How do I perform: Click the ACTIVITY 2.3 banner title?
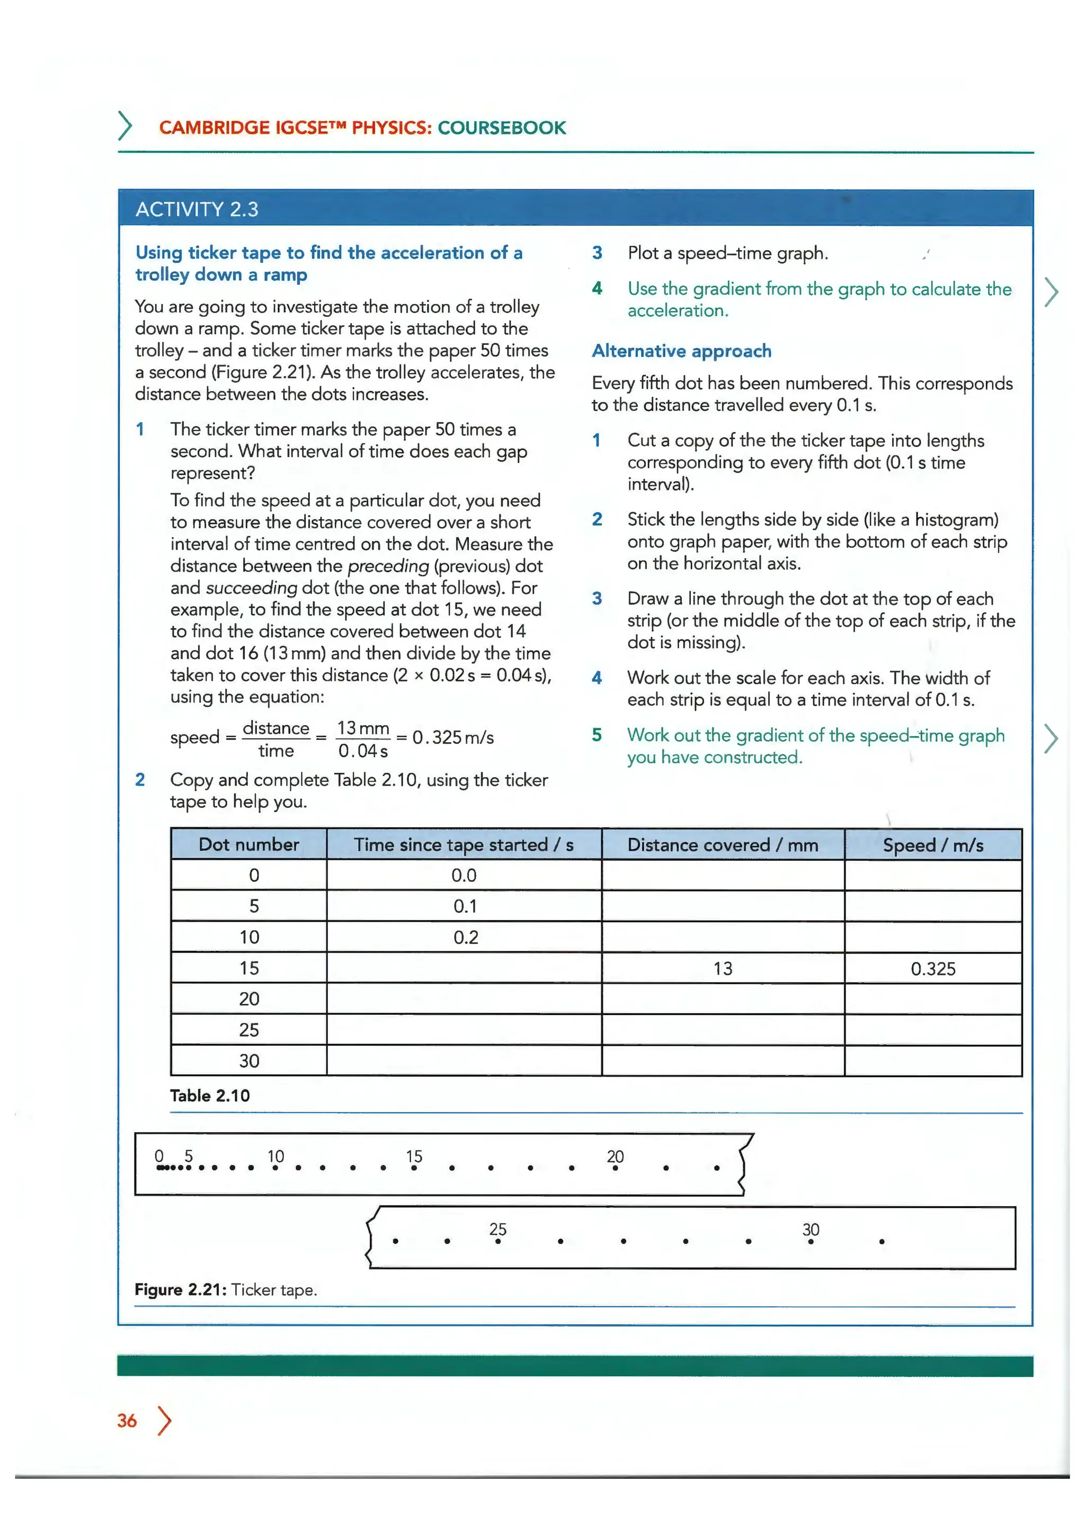point(197,210)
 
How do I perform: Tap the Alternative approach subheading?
point(681,351)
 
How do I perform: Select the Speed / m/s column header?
point(932,845)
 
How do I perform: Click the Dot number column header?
point(248,844)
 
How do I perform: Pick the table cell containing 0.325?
point(932,969)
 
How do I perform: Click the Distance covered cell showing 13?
point(722,969)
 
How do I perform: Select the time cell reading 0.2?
point(466,938)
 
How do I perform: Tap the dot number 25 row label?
point(248,1030)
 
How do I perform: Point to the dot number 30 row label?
point(248,1061)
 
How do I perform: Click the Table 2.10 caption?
point(210,1096)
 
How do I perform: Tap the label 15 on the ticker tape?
point(414,1156)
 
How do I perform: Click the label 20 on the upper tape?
point(615,1156)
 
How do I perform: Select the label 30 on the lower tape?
point(811,1229)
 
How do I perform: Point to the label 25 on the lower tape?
point(498,1229)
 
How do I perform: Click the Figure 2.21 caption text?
point(226,1289)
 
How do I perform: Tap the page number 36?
point(127,1421)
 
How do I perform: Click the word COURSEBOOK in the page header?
point(502,128)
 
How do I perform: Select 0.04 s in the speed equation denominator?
point(362,751)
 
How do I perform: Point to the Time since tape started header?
point(464,845)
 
